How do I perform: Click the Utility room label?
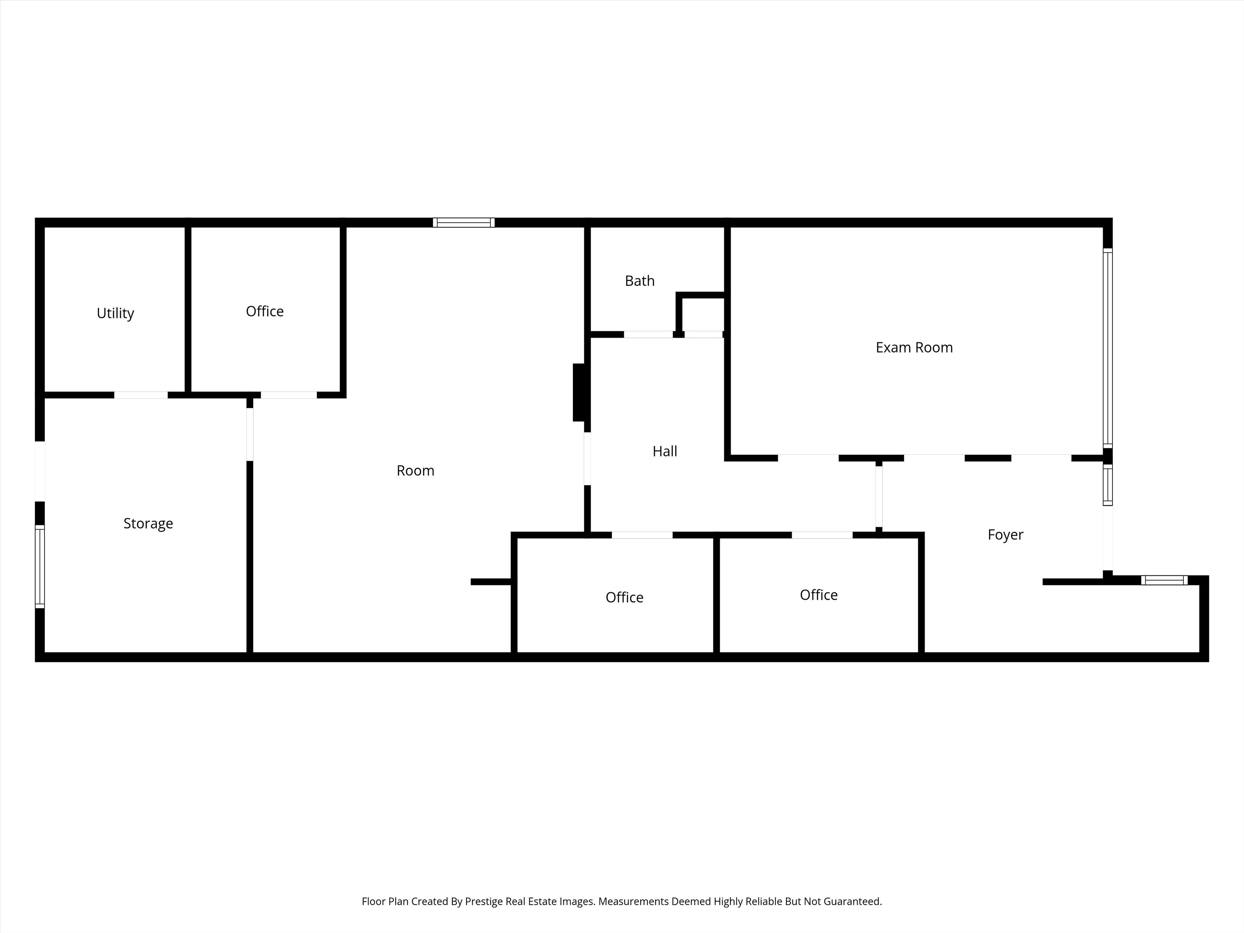click(x=115, y=313)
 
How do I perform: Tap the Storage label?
click(x=148, y=524)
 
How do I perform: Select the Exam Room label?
click(x=914, y=348)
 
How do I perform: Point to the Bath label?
click(x=640, y=281)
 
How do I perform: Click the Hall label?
click(x=664, y=451)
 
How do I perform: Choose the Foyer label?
click(x=1005, y=535)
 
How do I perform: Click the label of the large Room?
click(x=415, y=470)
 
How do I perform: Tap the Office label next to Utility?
click(x=265, y=311)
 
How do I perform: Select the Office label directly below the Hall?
click(x=624, y=597)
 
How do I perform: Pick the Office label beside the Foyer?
click(x=818, y=595)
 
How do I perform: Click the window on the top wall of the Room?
click(x=463, y=223)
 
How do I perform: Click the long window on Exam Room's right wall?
click(x=1107, y=348)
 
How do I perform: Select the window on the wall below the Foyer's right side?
click(x=1164, y=580)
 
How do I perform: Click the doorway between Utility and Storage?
click(x=141, y=395)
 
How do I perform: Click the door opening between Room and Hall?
click(x=587, y=458)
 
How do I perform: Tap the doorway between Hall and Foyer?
click(x=878, y=497)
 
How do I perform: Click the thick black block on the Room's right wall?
click(x=580, y=393)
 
